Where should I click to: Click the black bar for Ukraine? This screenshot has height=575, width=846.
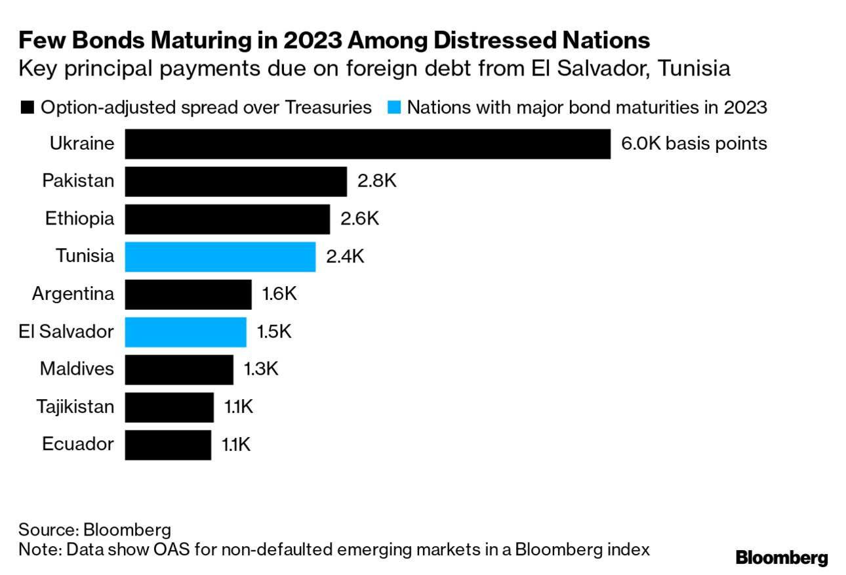point(367,144)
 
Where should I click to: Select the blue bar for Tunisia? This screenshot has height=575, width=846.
point(220,257)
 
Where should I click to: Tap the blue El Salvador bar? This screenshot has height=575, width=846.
point(186,332)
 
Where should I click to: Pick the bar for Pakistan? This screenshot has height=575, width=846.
point(235,181)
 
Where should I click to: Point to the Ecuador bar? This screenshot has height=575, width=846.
point(168,445)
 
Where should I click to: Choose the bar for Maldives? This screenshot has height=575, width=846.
point(179,370)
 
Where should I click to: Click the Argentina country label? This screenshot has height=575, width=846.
point(73,294)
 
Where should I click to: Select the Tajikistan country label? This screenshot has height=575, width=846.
point(75,407)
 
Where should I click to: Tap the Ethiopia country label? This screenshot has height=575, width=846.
point(79,219)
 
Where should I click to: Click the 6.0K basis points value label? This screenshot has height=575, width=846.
point(694,144)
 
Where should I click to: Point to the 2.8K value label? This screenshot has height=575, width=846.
point(376,181)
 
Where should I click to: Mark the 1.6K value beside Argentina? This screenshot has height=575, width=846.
point(279,294)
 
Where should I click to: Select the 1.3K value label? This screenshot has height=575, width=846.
point(261,370)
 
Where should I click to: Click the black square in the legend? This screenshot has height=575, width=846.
point(27,108)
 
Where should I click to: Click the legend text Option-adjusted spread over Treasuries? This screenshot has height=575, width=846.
point(206,108)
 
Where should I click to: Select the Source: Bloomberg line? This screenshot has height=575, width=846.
point(94,530)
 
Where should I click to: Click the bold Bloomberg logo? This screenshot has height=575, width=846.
point(782,558)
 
